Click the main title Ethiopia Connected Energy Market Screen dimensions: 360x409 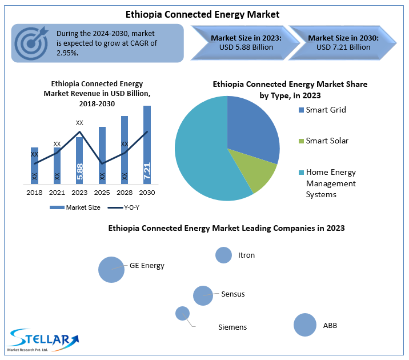[x=203, y=13]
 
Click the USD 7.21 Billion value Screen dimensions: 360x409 [x=343, y=47]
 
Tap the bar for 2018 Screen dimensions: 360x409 [x=34, y=165]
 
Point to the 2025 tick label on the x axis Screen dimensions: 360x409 [x=102, y=193]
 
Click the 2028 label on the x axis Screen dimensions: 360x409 [x=125, y=193]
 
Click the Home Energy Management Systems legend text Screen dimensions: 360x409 [x=331, y=183]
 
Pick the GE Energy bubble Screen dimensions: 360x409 [x=111, y=269]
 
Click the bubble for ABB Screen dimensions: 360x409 [x=305, y=325]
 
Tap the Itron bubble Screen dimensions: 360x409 [x=223, y=255]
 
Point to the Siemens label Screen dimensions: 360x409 [x=232, y=327]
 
